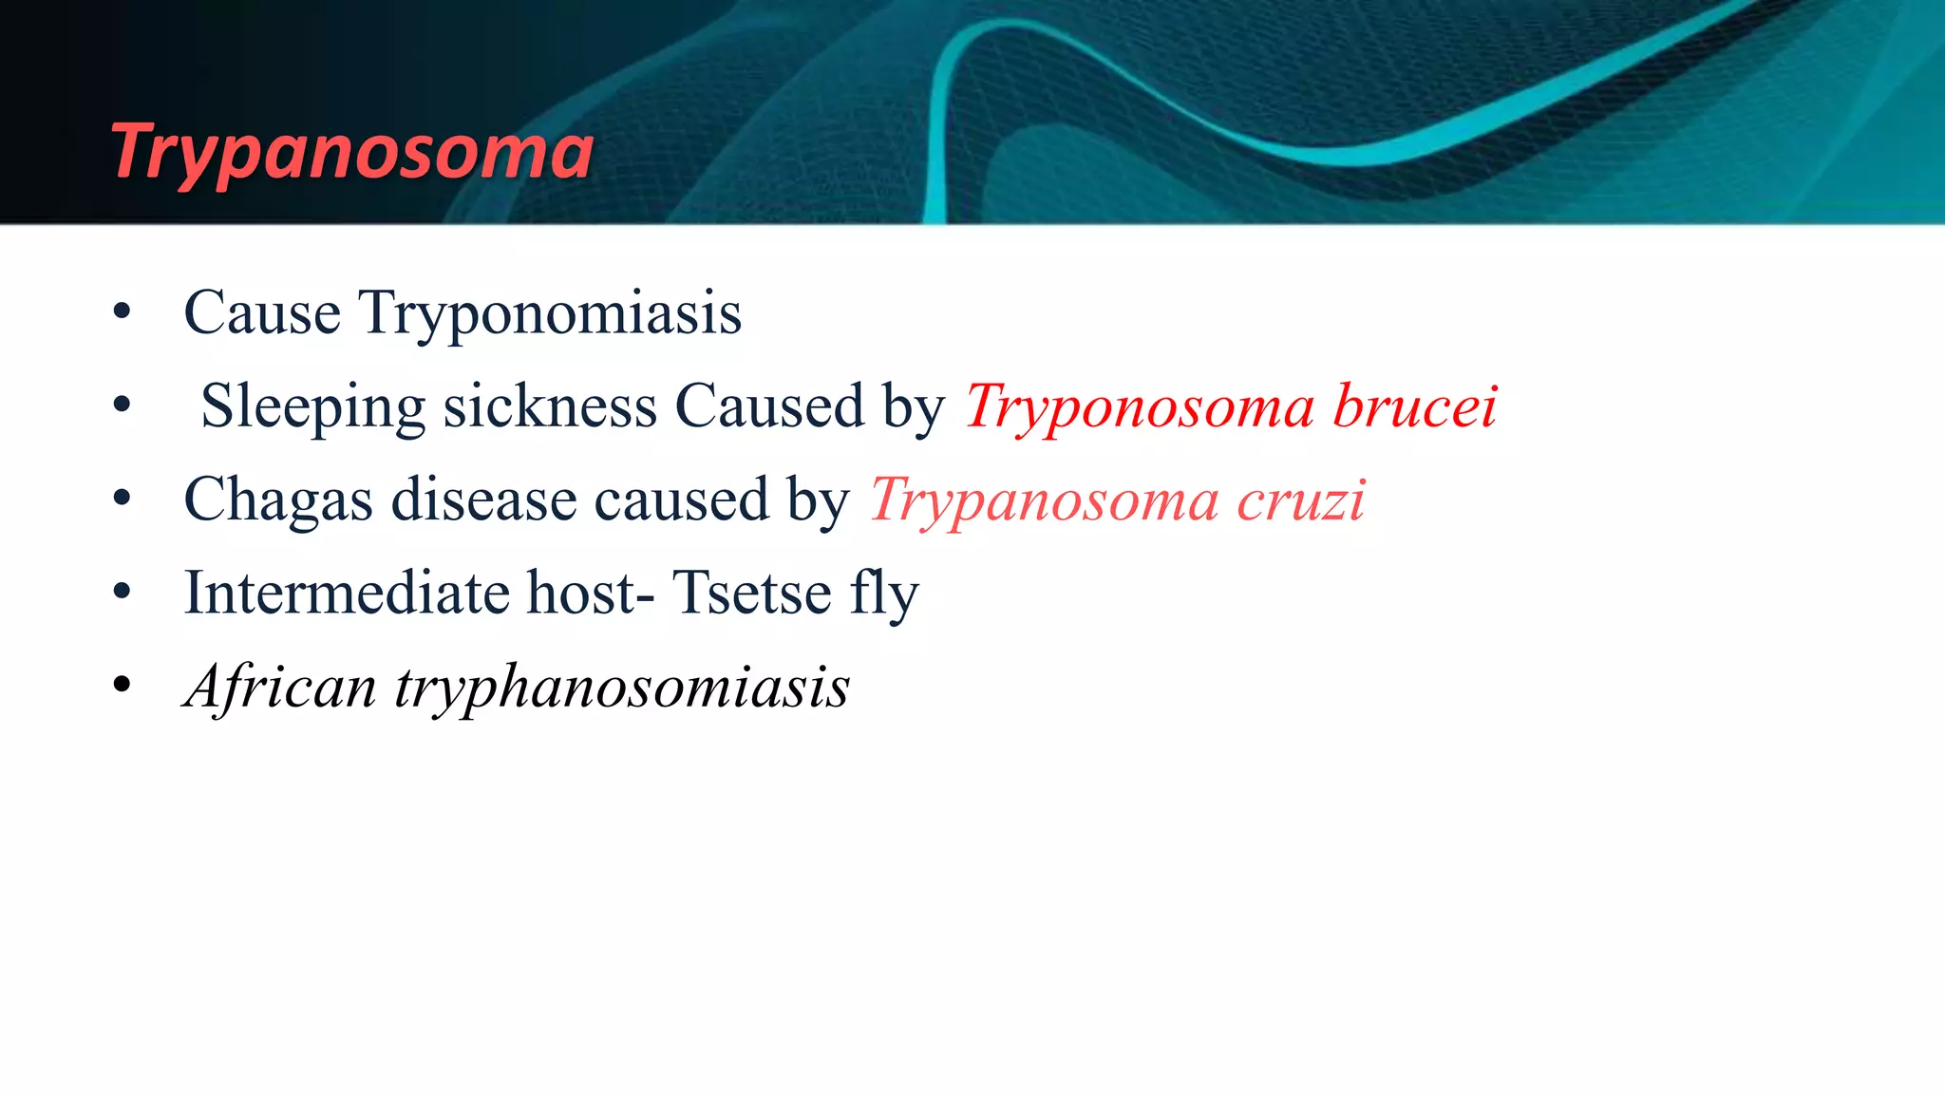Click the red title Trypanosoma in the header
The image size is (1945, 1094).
point(351,152)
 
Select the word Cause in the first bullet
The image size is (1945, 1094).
point(261,312)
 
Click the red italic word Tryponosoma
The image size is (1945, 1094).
point(1139,406)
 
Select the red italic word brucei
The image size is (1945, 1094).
point(1414,406)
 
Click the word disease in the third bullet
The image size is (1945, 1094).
point(483,500)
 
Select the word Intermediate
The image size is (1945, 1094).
point(346,593)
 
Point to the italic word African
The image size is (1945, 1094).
point(280,686)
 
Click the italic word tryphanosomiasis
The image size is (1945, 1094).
point(622,686)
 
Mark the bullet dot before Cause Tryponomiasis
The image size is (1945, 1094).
point(121,311)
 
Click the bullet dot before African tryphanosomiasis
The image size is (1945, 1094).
point(121,685)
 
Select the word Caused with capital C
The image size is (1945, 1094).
point(768,406)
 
